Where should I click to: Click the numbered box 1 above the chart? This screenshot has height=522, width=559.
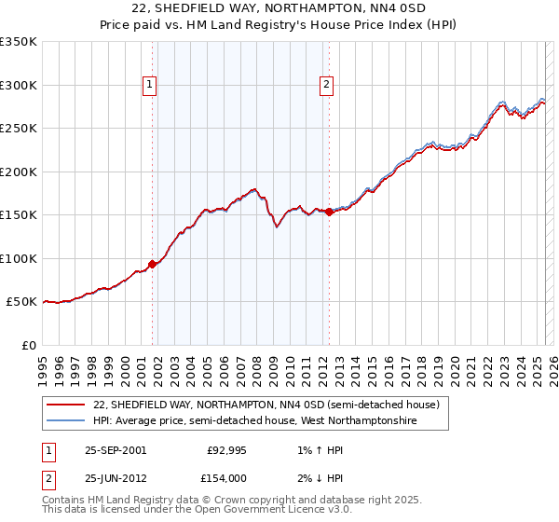tap(151, 85)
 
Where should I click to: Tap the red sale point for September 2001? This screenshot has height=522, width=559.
tap(153, 264)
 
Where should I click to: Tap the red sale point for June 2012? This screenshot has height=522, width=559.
tap(329, 212)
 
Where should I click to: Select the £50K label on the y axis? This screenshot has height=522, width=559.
tap(21, 302)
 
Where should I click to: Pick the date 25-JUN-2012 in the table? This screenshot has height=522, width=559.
tap(116, 477)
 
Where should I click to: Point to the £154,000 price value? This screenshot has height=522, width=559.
tap(226, 477)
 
